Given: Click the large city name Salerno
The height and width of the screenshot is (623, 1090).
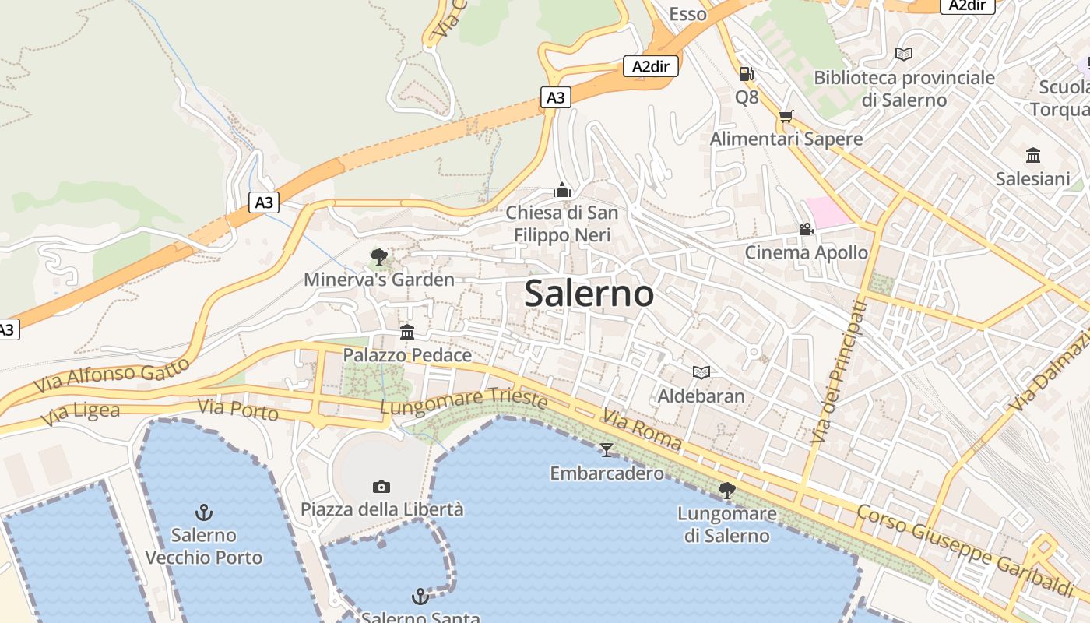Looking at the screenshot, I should [x=589, y=294].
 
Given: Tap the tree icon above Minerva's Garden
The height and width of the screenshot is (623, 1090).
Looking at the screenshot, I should [x=379, y=256].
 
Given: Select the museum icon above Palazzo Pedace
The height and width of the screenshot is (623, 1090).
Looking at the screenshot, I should [x=407, y=333].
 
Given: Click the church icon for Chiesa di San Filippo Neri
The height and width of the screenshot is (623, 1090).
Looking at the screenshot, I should [x=562, y=190].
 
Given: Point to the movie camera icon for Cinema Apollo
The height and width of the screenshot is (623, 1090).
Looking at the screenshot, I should [x=806, y=230].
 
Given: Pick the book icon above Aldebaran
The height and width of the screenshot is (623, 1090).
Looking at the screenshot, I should [x=701, y=372].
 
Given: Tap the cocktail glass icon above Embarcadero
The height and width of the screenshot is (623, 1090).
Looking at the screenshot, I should [x=607, y=449].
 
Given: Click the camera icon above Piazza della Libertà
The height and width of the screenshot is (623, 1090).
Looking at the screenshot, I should [x=381, y=487].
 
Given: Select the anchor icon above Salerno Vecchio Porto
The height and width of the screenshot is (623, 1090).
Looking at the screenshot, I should [x=204, y=512].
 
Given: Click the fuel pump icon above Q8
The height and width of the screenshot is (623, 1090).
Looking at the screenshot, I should [x=746, y=74].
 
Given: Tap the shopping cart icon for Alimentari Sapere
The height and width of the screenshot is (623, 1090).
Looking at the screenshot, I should [x=786, y=116].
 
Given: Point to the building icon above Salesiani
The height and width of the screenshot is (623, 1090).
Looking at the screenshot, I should [x=1033, y=155].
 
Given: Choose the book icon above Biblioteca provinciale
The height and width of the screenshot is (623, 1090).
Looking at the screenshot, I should [x=904, y=54].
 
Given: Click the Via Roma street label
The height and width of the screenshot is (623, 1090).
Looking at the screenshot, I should [x=642, y=431].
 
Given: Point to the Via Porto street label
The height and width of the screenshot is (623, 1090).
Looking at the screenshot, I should [x=237, y=409].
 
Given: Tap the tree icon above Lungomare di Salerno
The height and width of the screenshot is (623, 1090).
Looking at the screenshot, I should [x=726, y=490].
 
